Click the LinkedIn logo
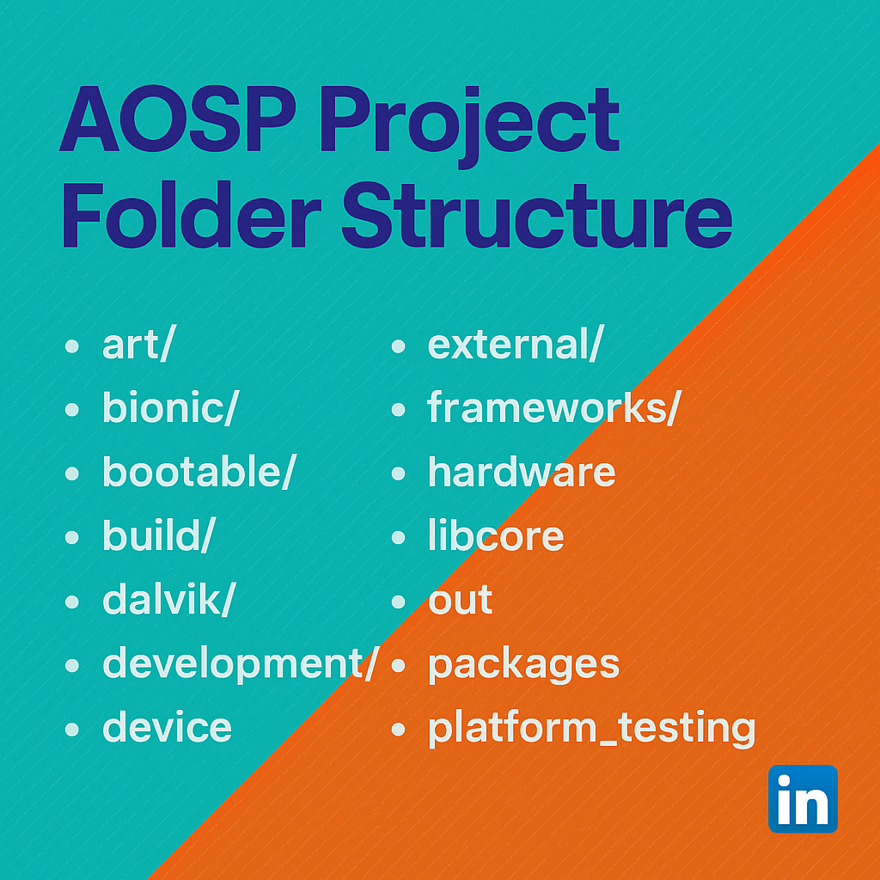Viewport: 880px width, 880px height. click(x=803, y=798)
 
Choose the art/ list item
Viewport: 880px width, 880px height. click(x=137, y=345)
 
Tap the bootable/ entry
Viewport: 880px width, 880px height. click(x=199, y=472)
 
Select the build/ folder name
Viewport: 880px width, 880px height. click(x=158, y=535)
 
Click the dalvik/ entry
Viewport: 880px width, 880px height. click(x=168, y=599)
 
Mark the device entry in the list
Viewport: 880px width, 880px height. click(x=167, y=727)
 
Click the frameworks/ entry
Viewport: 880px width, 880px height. click(x=553, y=408)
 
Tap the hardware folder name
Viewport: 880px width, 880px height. click(x=522, y=472)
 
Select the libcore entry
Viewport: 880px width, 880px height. click(x=496, y=535)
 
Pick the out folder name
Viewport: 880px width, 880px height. click(x=461, y=600)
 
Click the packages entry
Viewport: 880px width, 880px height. click(x=523, y=664)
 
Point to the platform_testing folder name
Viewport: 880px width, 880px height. click(x=591, y=728)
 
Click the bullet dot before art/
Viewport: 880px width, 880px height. click(x=72, y=347)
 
